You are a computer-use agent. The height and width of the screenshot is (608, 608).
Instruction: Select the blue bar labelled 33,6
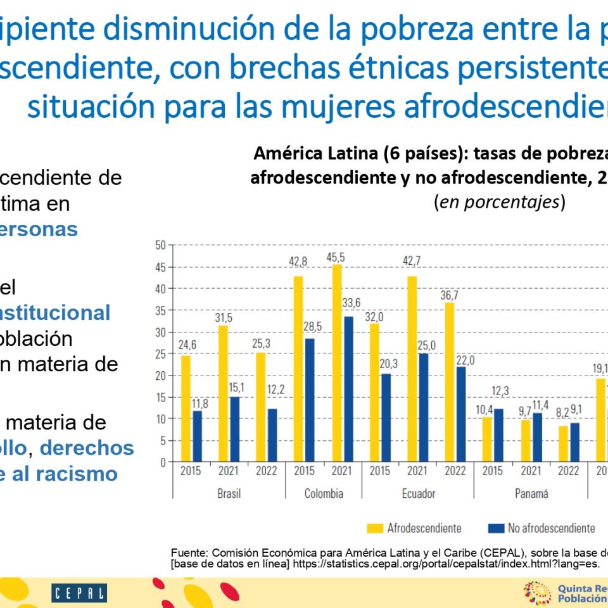(x=348, y=389)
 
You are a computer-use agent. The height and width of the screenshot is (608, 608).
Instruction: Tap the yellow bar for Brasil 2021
(x=223, y=393)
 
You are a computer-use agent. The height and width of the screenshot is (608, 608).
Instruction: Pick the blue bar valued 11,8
(x=198, y=436)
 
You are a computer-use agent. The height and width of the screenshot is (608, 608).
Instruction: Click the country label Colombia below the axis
(x=324, y=493)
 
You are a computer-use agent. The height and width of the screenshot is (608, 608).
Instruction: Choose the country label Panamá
(x=531, y=493)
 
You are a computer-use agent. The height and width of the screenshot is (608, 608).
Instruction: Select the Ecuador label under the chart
(x=418, y=493)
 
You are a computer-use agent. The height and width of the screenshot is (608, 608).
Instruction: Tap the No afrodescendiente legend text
(x=551, y=528)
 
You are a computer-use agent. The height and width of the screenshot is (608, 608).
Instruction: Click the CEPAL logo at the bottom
(x=79, y=593)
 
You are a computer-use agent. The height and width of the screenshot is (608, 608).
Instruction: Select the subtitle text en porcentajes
(x=499, y=202)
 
